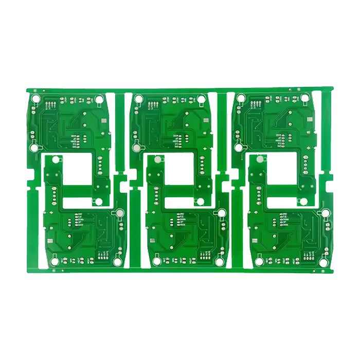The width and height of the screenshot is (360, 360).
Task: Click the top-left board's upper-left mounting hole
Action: pos(35,99)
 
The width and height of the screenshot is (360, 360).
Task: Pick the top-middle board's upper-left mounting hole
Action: pos(138,99)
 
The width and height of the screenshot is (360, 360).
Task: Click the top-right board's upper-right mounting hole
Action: pos(305,98)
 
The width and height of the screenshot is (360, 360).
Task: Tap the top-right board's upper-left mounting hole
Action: pos(241,99)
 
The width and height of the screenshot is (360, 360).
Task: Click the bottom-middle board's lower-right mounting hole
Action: pos(220,262)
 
